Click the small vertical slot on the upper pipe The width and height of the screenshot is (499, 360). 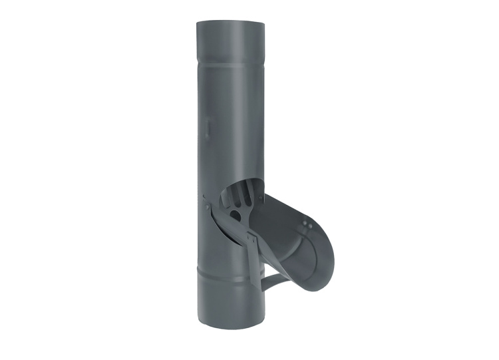(x=206, y=126)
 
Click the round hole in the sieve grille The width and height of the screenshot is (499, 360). (x=236, y=214)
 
